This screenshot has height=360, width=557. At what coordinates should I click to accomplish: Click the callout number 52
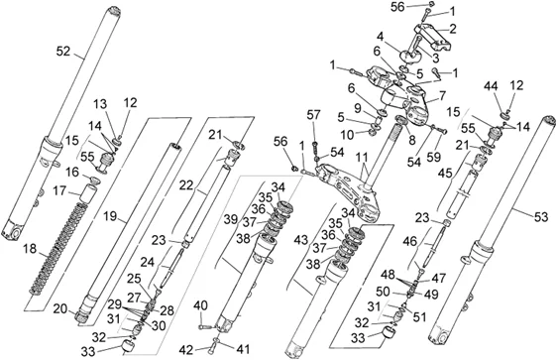[63, 52]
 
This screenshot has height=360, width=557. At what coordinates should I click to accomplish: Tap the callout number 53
[541, 216]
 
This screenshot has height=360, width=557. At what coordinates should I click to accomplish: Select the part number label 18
[30, 249]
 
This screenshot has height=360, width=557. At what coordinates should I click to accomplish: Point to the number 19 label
[110, 216]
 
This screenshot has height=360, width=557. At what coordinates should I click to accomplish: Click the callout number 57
[314, 115]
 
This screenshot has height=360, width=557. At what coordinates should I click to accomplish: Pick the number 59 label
[434, 157]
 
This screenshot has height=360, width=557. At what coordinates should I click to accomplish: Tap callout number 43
[301, 240]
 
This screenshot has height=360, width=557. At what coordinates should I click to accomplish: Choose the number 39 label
[231, 219]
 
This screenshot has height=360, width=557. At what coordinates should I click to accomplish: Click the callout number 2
[453, 29]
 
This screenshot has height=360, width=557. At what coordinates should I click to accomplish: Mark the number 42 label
[187, 350]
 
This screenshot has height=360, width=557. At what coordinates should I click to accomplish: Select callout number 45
[445, 174]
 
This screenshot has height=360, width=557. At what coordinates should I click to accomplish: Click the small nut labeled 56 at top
[431, 4]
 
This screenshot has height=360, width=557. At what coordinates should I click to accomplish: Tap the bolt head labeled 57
[315, 144]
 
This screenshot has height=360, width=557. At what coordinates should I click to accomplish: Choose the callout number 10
[347, 135]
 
